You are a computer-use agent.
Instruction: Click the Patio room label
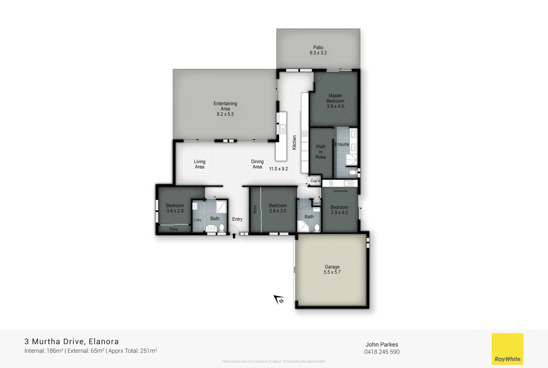[318, 50]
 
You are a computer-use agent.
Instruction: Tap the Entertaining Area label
[225, 109]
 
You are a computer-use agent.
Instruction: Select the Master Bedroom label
[335, 101]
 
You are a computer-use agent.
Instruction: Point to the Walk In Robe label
[320, 152]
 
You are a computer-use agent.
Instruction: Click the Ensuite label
[342, 144]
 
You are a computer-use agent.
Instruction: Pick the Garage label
[332, 270]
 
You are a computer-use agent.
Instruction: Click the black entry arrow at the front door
[234, 235]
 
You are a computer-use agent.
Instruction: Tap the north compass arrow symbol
[279, 300]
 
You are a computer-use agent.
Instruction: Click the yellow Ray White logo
[507, 349]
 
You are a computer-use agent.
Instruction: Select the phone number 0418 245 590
[382, 352]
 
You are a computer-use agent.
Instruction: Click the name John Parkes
[382, 344]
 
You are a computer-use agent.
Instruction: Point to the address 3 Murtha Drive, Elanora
[71, 341]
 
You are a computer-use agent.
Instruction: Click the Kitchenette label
[340, 191]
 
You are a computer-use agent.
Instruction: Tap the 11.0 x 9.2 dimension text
[278, 169]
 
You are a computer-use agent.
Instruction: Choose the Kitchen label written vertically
[295, 142]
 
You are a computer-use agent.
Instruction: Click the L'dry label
[197, 220]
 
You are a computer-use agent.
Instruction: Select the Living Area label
[200, 164]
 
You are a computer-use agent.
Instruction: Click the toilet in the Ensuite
[353, 172]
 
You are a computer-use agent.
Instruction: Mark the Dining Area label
[258, 164]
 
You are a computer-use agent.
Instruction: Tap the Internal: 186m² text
[44, 351]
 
